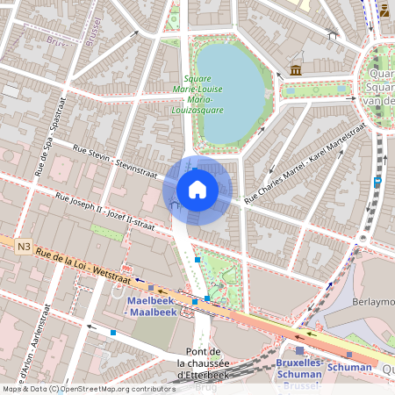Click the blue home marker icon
[x=197, y=189]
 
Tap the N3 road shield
[x=23, y=248]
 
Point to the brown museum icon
[x=296, y=69]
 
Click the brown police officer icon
[x=384, y=11]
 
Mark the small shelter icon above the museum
[x=331, y=34]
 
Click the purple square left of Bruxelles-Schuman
[x=299, y=350]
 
